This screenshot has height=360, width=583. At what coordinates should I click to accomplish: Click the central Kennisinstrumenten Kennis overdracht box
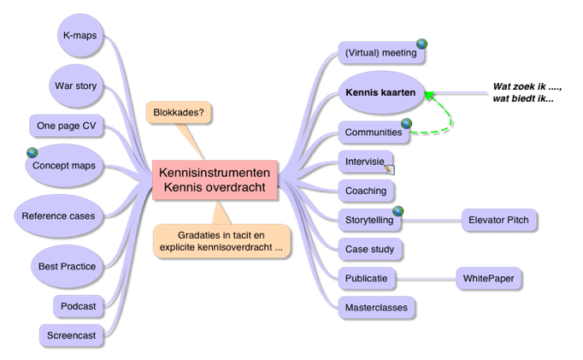(215, 180)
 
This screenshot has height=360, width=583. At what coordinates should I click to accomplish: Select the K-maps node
(79, 36)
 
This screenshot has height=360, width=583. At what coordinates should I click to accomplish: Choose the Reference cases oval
(58, 215)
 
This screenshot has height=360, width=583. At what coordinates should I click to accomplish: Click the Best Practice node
(67, 266)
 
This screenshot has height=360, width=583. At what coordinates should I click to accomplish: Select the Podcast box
(79, 305)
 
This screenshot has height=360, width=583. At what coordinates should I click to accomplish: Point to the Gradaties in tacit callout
(221, 239)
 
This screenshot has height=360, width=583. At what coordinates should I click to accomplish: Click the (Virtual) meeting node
(380, 53)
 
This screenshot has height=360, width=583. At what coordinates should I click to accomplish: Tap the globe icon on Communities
(407, 124)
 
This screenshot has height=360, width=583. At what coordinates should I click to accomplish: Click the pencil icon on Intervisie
(389, 168)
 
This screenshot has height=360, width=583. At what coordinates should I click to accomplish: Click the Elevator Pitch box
(498, 220)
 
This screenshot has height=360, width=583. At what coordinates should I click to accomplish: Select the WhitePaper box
(487, 278)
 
